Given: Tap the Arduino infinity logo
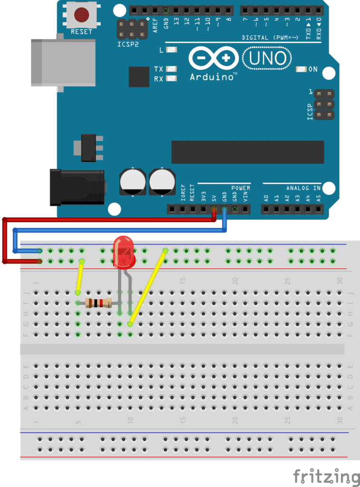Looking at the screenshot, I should coord(213,58).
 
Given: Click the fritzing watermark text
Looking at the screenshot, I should coord(326,476).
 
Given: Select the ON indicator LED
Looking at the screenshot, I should coord(301,69).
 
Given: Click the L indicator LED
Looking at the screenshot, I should coord(171,50).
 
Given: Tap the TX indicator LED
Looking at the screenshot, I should coord(171,69).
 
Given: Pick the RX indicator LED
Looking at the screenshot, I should coord(171,78).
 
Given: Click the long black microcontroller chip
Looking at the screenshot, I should coord(247,152).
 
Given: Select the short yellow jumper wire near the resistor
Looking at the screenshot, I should coord(80,277).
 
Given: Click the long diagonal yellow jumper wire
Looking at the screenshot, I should coord(147,287).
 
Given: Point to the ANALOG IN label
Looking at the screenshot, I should coord(303,188).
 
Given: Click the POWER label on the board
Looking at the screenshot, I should coord(241,188).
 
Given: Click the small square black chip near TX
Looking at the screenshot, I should coord(139,77).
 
